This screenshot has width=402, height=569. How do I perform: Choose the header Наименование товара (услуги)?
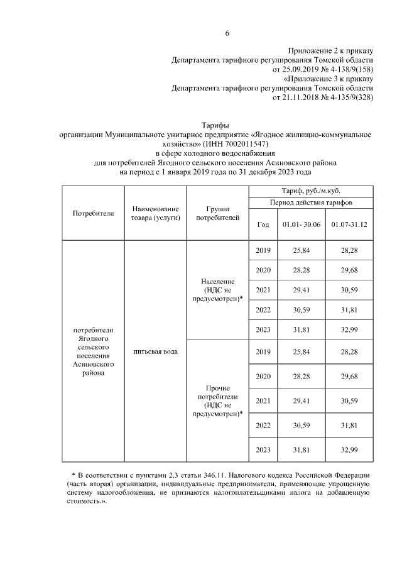155,213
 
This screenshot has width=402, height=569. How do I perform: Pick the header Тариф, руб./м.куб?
311,191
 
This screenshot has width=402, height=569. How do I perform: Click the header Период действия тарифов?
311,203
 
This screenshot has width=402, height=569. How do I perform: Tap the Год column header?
264,224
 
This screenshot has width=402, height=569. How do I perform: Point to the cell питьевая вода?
155,351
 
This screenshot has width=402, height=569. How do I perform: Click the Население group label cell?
218,290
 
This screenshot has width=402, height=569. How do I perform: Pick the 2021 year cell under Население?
264,290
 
